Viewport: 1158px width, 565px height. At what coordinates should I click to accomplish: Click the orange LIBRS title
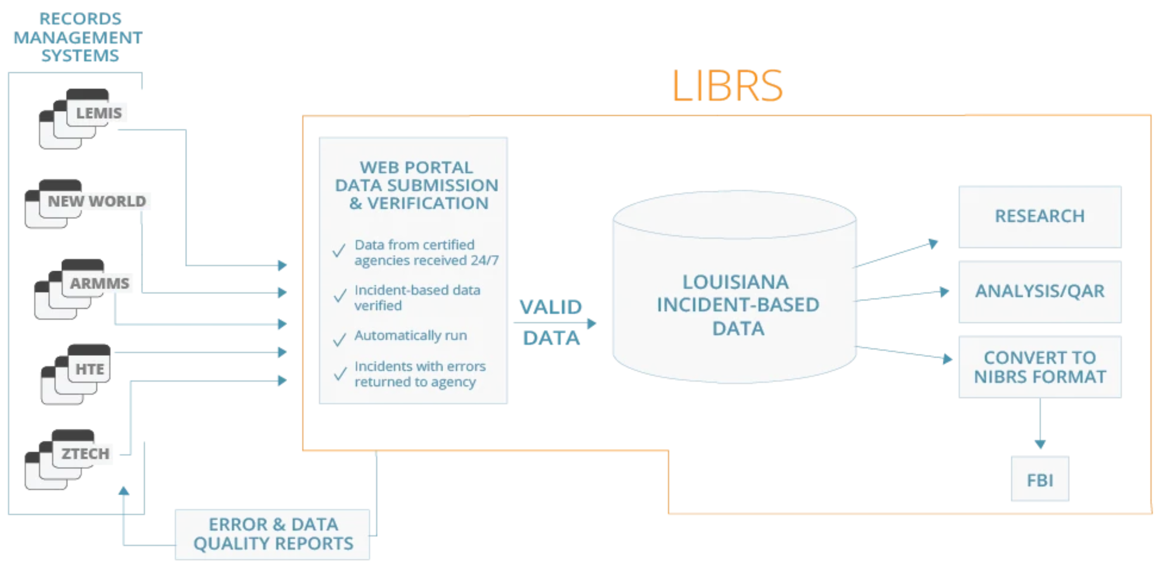coord(727,86)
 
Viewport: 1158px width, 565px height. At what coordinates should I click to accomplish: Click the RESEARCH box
coord(1039,217)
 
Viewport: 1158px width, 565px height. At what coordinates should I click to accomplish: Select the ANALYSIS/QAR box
coord(1039,292)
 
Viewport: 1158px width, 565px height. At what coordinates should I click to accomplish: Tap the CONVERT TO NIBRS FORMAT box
coord(1039,367)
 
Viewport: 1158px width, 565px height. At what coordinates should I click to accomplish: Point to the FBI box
coord(1039,480)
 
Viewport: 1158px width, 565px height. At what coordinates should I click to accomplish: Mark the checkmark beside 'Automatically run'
coord(340,339)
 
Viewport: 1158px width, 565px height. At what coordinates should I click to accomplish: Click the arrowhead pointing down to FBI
coord(1040,444)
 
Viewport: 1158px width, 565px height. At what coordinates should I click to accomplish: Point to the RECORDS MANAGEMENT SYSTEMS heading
coord(79,37)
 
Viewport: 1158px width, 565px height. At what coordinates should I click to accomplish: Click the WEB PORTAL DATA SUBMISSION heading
coord(417,185)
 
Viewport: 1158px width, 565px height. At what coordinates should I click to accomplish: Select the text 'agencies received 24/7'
coord(426,261)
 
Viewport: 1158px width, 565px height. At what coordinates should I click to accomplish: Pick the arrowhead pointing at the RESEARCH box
coord(933,244)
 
